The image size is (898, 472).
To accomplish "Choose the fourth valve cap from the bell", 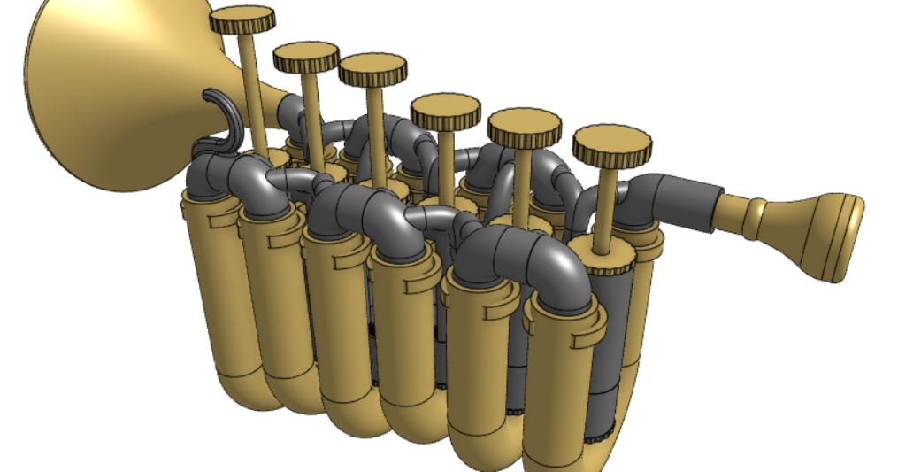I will click(445, 111).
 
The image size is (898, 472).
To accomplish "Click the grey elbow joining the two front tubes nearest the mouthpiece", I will click(521, 256).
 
